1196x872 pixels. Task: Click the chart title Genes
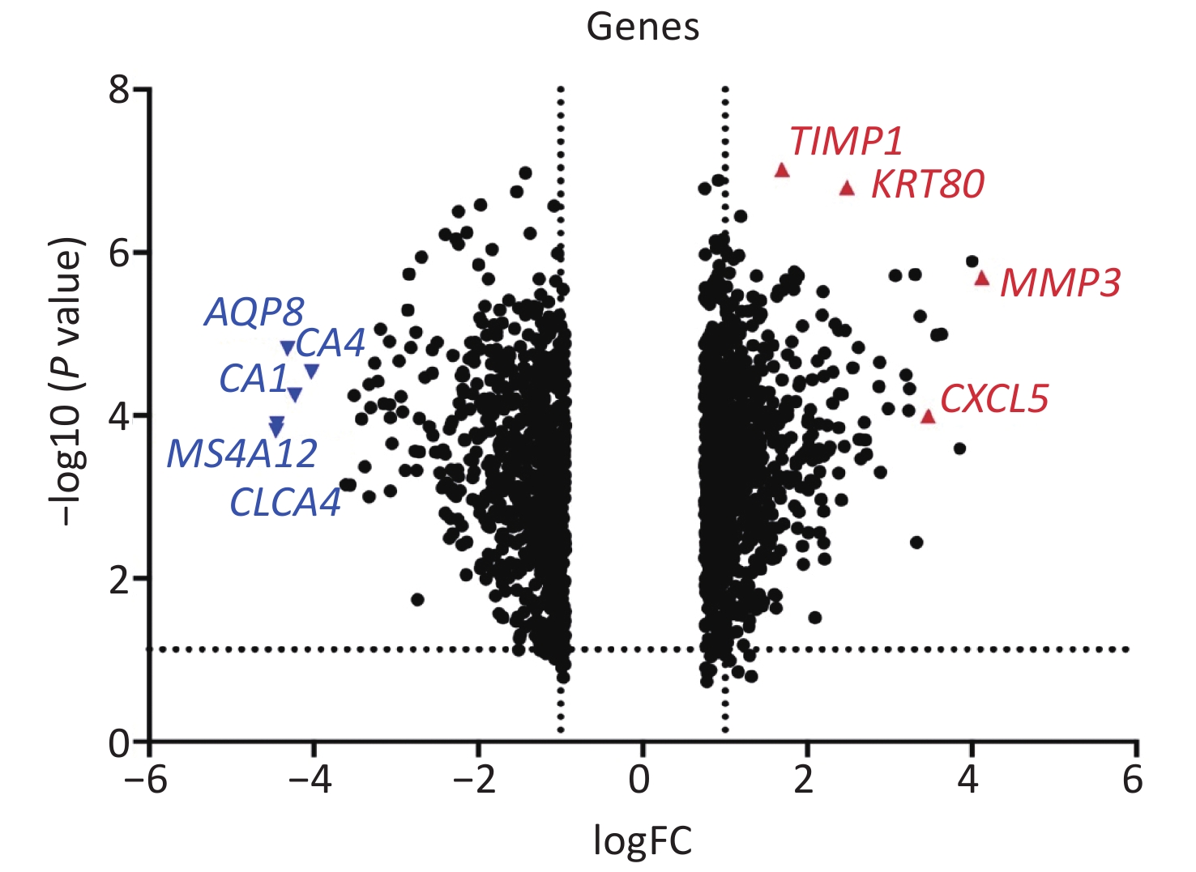pyautogui.click(x=643, y=27)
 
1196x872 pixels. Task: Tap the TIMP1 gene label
pyautogui.click(x=845, y=141)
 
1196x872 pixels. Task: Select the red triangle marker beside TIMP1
pyautogui.click(x=782, y=170)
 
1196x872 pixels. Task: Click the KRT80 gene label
pyautogui.click(x=927, y=185)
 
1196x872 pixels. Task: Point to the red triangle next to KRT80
pyautogui.click(x=848, y=189)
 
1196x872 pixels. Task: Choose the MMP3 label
pyautogui.click(x=1060, y=283)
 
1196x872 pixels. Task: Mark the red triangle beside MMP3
pyautogui.click(x=982, y=279)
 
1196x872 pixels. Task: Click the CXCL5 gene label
pyautogui.click(x=994, y=399)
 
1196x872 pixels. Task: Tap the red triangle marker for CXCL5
pyautogui.click(x=929, y=417)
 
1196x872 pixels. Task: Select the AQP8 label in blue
pyautogui.click(x=254, y=313)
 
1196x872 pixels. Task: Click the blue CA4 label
pyautogui.click(x=331, y=344)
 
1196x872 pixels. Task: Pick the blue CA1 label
pyautogui.click(x=254, y=379)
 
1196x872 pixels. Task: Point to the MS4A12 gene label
pyautogui.click(x=241, y=454)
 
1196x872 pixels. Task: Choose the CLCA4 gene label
pyautogui.click(x=285, y=503)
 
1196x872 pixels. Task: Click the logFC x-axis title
pyautogui.click(x=643, y=840)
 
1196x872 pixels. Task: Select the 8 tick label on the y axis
pyautogui.click(x=120, y=90)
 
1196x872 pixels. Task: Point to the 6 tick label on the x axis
pyautogui.click(x=1133, y=780)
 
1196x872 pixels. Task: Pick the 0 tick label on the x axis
pyautogui.click(x=639, y=780)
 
